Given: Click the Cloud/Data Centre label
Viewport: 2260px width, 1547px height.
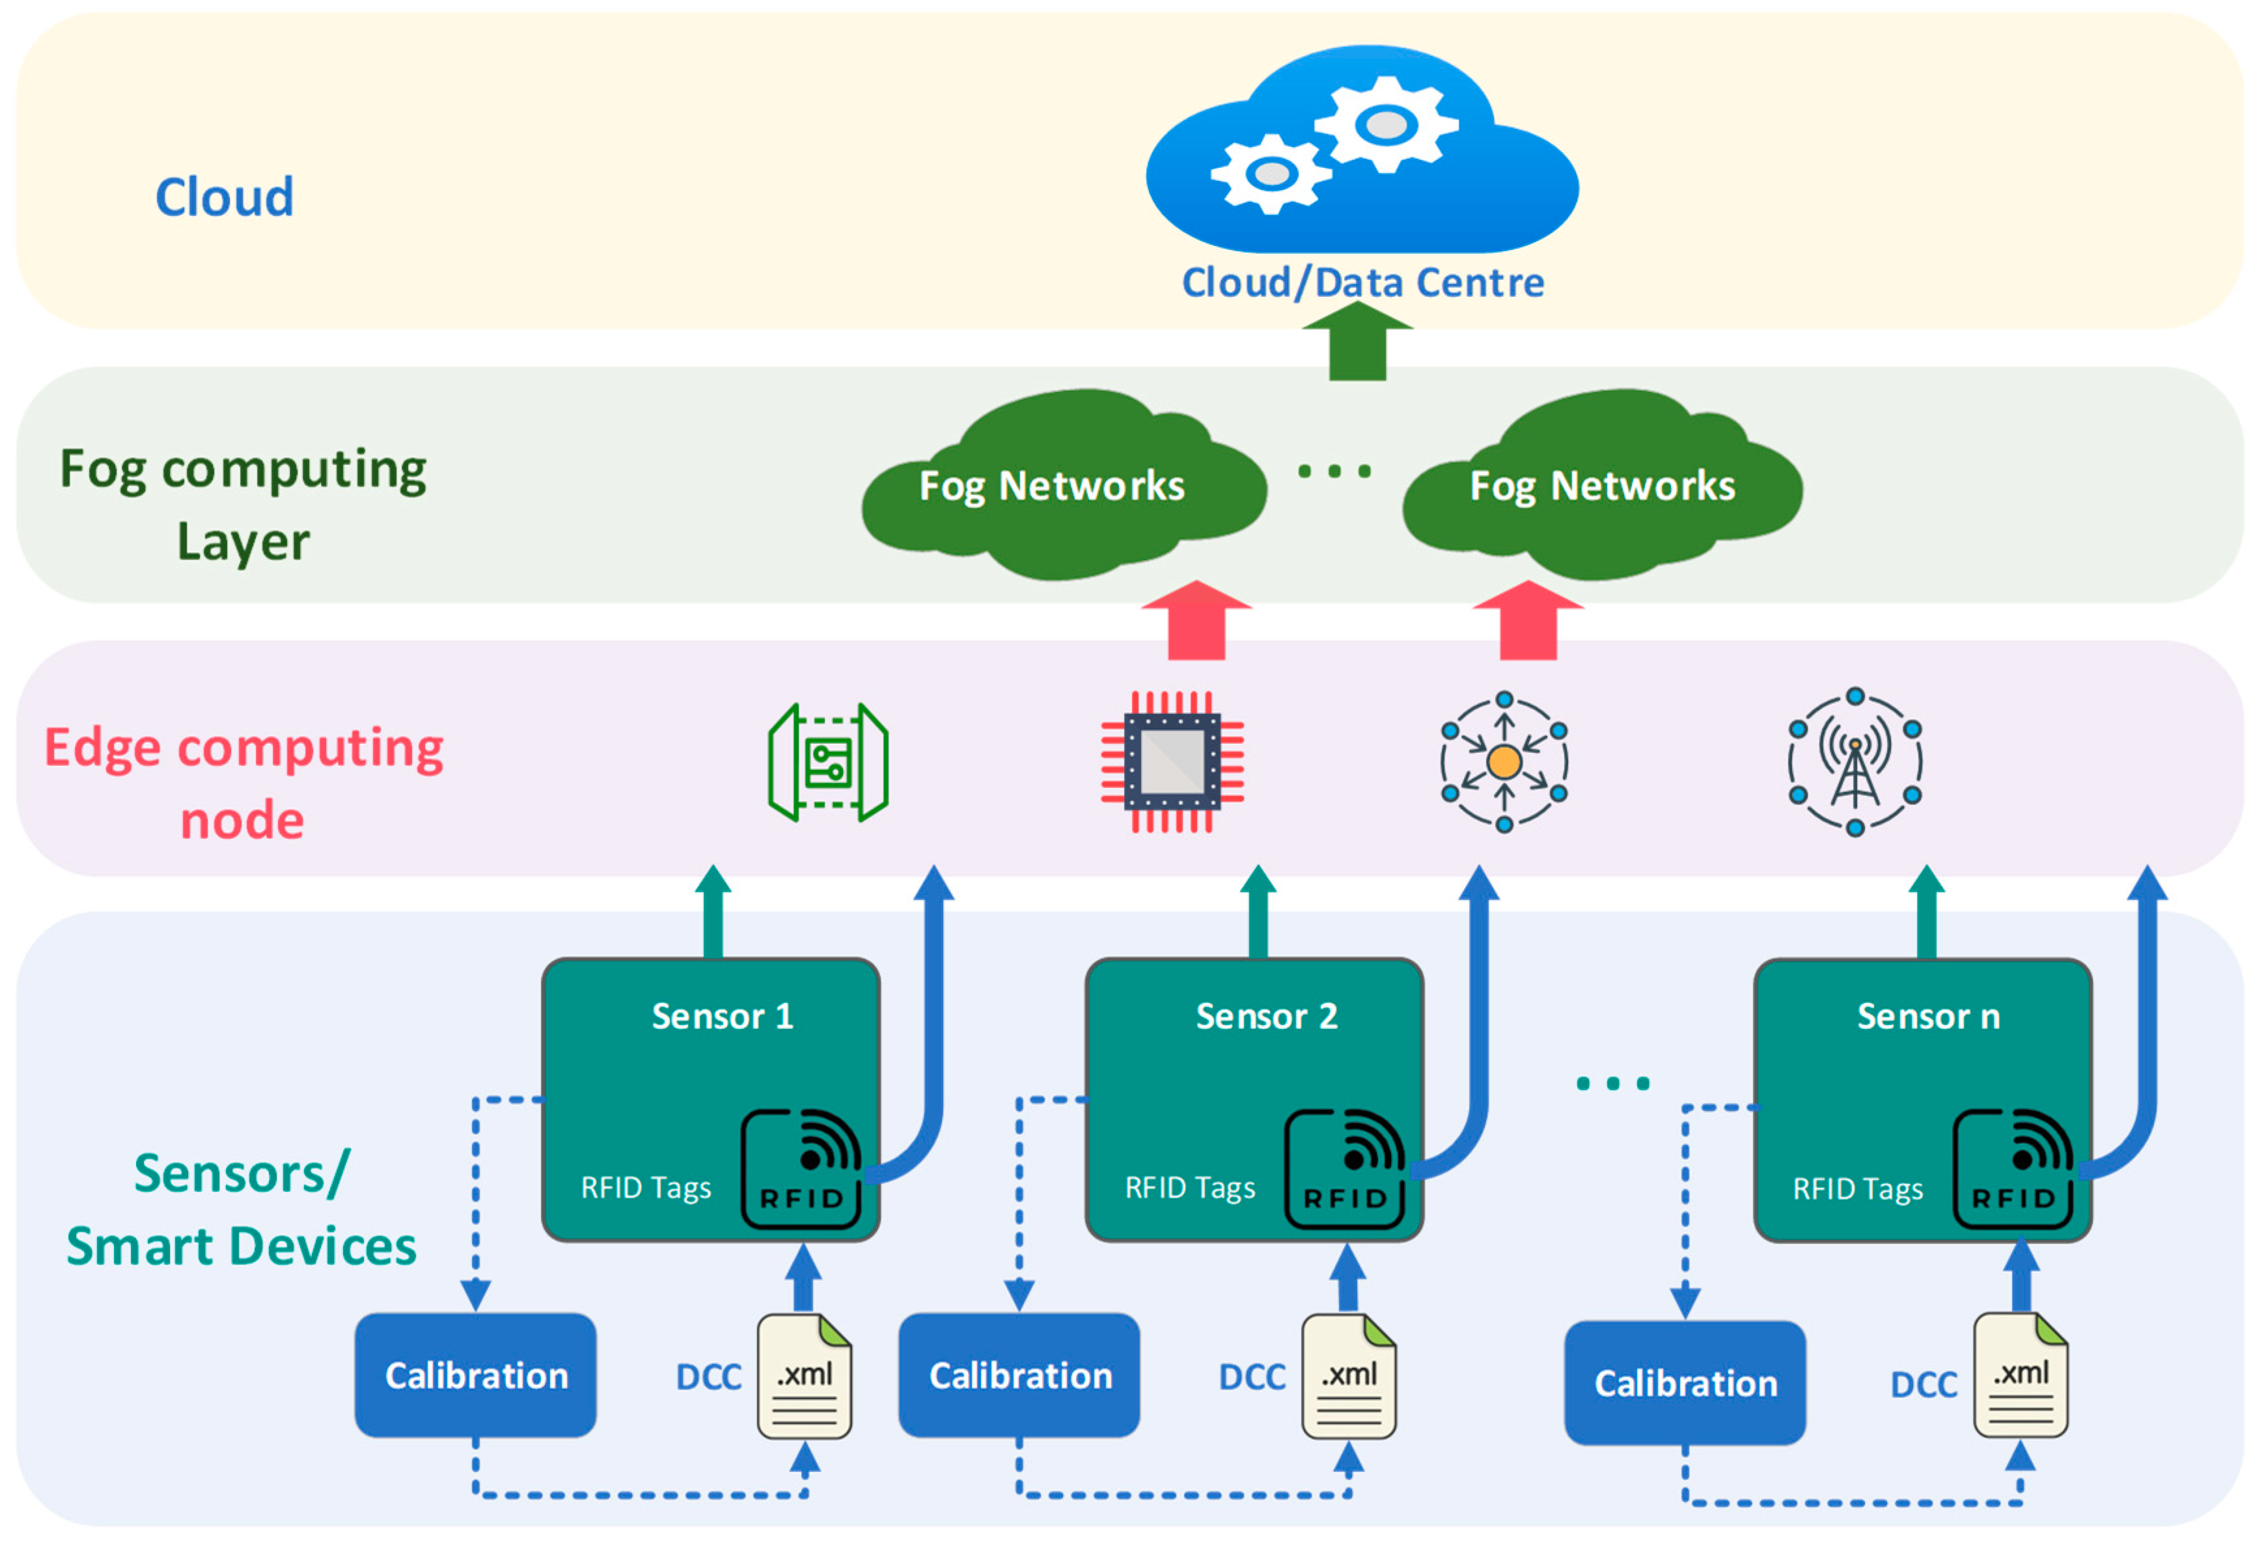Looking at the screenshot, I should click(x=1362, y=283).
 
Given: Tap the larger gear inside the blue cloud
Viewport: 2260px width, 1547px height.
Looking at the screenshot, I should click(x=1386, y=124).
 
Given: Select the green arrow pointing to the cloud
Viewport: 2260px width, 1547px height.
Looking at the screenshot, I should click(x=1358, y=342).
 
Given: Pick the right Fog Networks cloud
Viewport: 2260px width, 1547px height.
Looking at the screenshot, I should click(x=1602, y=486).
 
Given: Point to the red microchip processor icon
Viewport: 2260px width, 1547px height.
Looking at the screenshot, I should click(x=1172, y=761).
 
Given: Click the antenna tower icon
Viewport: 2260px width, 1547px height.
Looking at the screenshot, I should click(x=1854, y=761).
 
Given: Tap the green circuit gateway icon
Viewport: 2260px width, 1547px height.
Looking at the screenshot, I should click(x=827, y=761).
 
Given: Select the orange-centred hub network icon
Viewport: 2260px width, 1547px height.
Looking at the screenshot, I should click(x=1504, y=761).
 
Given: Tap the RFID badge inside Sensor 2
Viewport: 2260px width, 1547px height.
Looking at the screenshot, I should click(x=1345, y=1170).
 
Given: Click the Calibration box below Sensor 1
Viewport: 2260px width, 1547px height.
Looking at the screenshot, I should click(x=476, y=1376).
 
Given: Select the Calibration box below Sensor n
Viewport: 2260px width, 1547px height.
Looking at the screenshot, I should click(x=1685, y=1384).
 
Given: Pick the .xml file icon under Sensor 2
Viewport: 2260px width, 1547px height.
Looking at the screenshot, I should click(x=1349, y=1376).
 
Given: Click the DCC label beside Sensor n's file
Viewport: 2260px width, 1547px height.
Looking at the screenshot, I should click(x=1923, y=1384).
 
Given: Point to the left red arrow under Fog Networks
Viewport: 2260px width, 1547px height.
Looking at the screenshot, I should click(x=1196, y=622).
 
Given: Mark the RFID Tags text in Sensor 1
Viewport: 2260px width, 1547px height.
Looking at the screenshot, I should click(x=646, y=1188).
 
